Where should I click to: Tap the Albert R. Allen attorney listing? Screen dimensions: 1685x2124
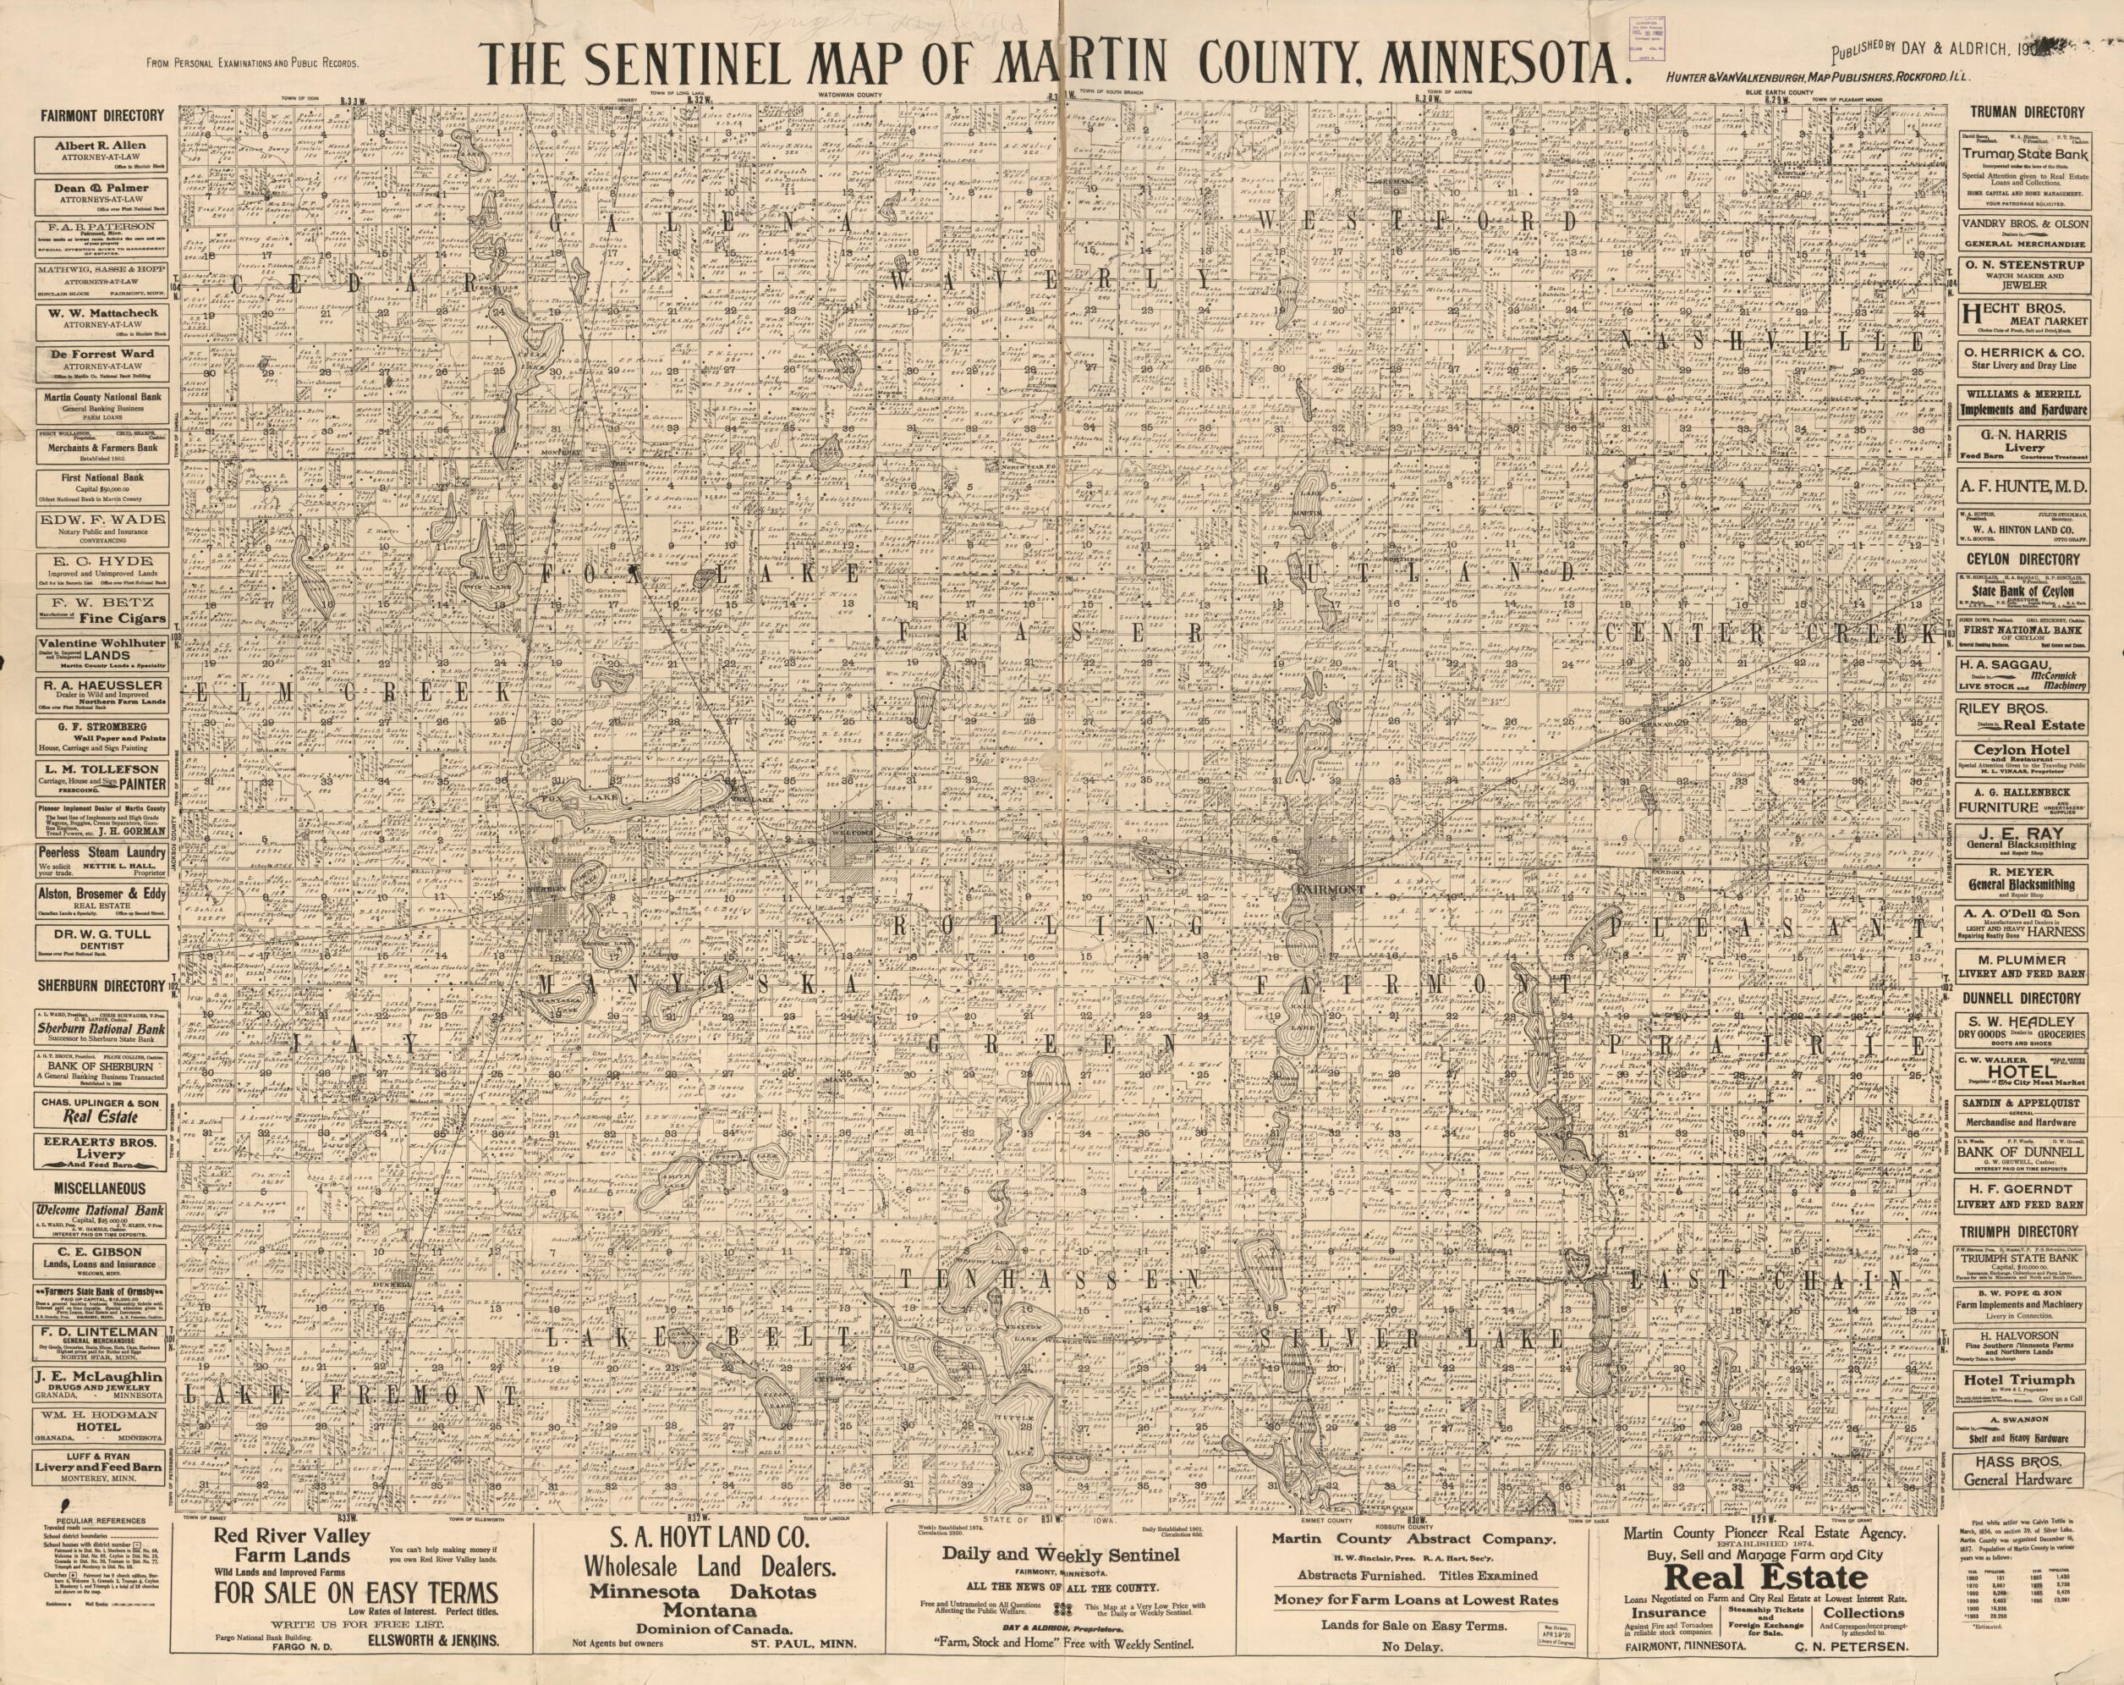pos(102,151)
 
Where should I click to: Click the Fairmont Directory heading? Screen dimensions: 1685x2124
pos(102,115)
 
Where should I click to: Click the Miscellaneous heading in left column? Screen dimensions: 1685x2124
pos(102,1188)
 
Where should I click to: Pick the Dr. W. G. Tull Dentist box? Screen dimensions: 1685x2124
pos(102,939)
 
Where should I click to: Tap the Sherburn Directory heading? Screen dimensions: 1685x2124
pos(102,985)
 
